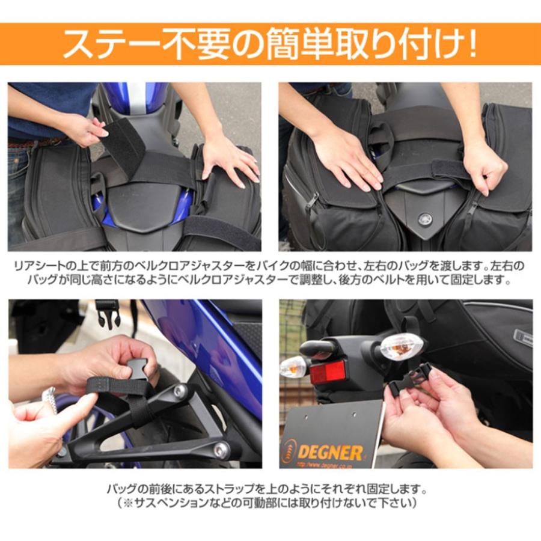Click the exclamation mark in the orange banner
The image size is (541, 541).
[471, 44]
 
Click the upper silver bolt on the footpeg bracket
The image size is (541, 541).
[180, 391]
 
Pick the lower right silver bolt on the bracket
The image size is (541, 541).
[221, 448]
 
